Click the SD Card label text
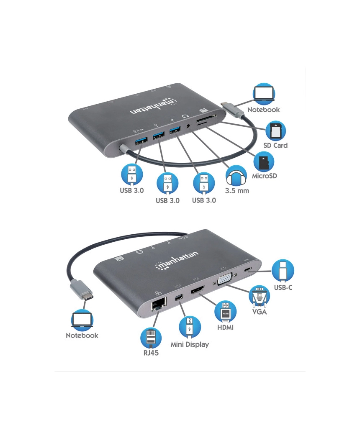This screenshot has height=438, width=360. [x=275, y=145]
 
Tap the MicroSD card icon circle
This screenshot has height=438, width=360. [x=264, y=162]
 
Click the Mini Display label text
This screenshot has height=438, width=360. [x=190, y=345]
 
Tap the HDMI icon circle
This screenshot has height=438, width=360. [x=225, y=313]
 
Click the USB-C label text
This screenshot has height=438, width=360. [x=283, y=287]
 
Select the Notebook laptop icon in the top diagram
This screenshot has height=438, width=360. [x=264, y=94]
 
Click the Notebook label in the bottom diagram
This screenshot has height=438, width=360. [x=82, y=336]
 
